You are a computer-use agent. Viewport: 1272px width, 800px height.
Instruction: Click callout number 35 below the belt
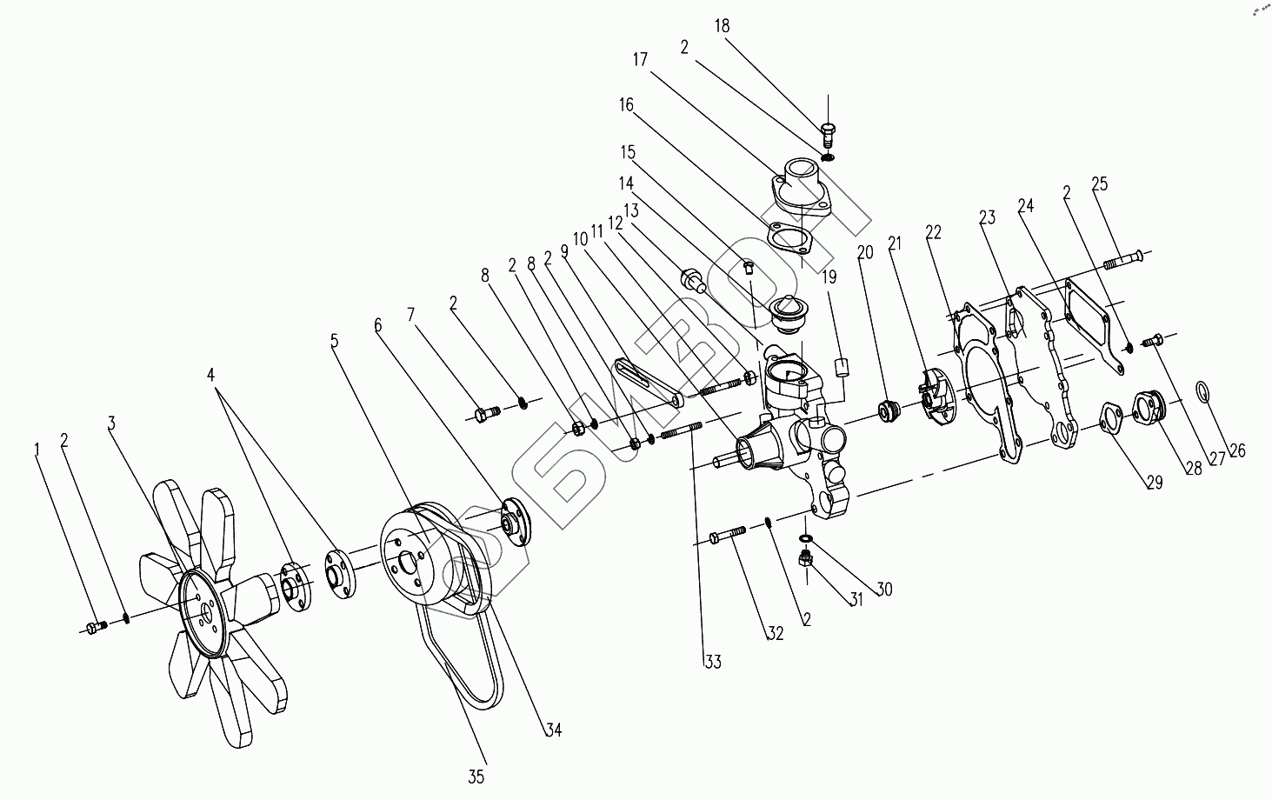coord(476,776)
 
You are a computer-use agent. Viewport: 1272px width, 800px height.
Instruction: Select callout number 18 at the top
coord(722,26)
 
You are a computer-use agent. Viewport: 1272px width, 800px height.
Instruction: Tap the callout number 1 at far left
coord(37,449)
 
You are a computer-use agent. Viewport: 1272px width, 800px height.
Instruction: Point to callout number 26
coord(1237,450)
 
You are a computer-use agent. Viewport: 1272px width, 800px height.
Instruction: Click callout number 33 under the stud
coord(713,662)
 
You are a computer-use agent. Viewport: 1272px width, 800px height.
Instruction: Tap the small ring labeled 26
coord(1202,392)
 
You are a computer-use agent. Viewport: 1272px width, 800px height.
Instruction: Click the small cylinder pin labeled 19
coord(841,365)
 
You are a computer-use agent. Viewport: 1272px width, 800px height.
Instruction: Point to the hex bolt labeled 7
coord(485,414)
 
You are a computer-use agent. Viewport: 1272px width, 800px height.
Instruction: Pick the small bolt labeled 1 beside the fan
coord(97,626)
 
